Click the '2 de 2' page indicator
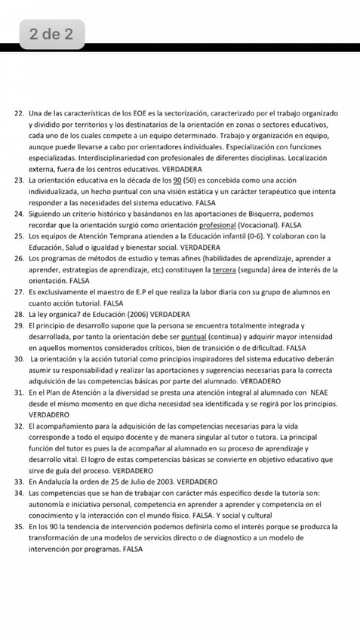click(51, 34)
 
